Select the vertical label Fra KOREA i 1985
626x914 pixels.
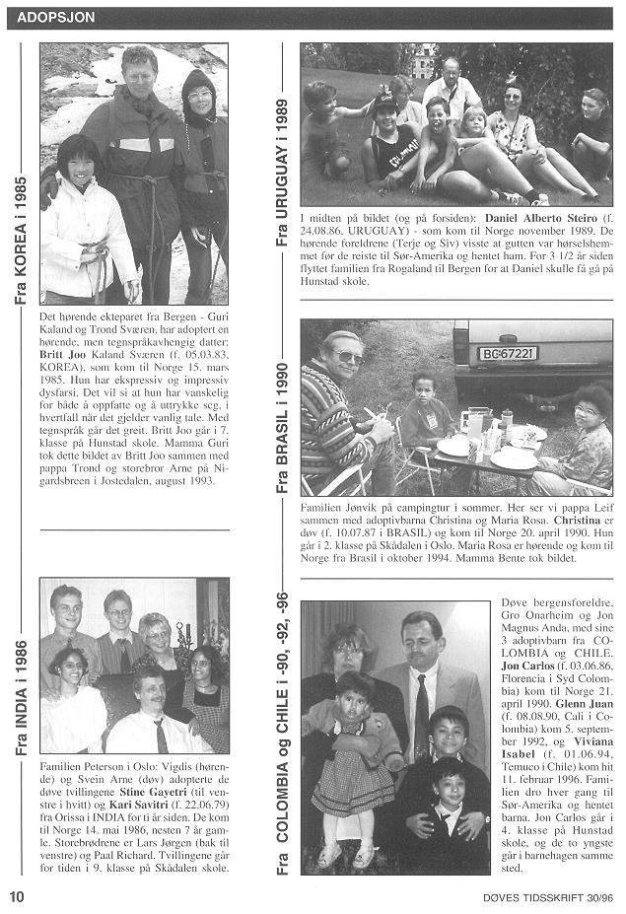point(21,241)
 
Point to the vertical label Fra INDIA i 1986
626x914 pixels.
point(21,698)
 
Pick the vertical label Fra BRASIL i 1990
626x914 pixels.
point(282,429)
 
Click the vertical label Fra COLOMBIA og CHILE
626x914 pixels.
point(282,734)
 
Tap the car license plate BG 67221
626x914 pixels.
point(508,352)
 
